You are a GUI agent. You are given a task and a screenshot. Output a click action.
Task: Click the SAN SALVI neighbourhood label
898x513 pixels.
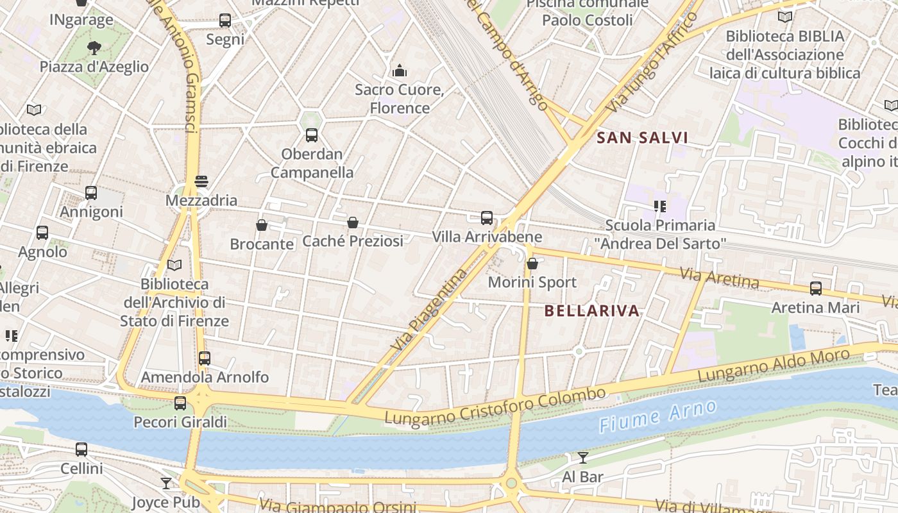642,137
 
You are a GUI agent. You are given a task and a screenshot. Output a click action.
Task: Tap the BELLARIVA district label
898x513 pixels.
592,311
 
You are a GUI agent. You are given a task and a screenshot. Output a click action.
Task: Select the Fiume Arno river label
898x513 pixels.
657,416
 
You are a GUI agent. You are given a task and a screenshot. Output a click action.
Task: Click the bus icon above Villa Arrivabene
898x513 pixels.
487,218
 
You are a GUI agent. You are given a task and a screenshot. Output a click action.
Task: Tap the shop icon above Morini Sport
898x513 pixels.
532,264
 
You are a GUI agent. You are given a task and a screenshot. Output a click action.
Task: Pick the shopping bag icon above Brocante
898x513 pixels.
262,225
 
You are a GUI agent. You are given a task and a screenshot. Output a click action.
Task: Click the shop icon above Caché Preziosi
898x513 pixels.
352,223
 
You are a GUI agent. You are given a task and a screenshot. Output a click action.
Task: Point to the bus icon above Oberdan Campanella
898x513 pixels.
312,135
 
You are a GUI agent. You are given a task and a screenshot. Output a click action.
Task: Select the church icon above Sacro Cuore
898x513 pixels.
400,70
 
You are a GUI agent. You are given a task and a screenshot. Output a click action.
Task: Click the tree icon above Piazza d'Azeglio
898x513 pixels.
94,47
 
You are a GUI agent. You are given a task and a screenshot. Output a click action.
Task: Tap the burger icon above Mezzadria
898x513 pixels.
201,181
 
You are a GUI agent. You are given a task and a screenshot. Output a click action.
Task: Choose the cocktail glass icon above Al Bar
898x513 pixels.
582,458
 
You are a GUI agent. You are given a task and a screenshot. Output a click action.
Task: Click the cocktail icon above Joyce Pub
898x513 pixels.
166,483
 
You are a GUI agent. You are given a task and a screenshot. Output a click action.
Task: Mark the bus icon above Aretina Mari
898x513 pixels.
815,289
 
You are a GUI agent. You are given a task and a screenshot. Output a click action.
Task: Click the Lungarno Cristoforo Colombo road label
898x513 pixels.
495,406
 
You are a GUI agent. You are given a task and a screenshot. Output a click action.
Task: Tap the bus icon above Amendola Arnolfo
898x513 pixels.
205,358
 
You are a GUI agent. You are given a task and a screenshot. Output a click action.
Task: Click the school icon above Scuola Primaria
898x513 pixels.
659,206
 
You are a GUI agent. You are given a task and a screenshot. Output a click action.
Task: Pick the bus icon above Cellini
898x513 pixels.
81,450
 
